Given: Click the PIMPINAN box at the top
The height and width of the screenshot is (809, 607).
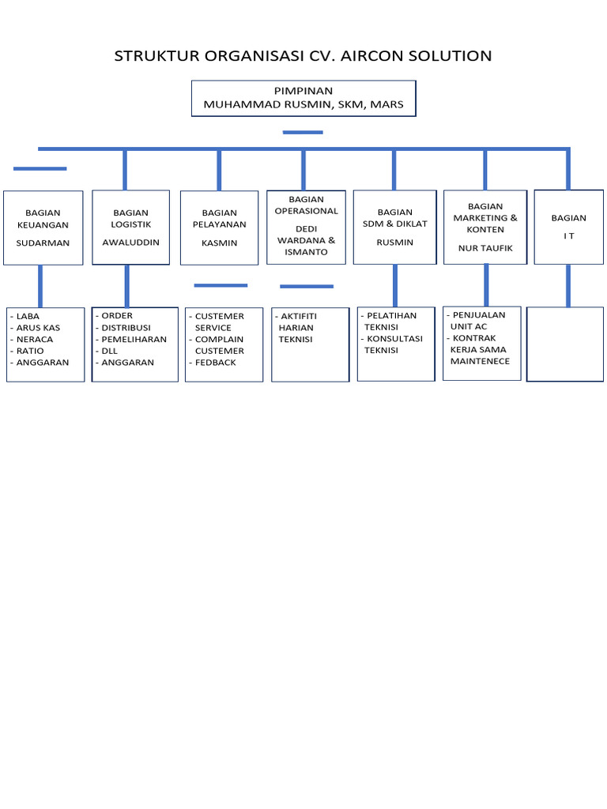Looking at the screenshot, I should click(303, 98).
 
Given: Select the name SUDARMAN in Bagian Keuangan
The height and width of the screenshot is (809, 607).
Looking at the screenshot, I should click(43, 243).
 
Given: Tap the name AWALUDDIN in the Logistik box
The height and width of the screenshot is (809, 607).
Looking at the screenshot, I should click(130, 243).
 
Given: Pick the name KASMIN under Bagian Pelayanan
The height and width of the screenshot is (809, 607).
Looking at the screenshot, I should click(219, 243).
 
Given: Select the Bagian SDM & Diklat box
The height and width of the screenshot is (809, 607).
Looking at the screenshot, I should click(394, 227).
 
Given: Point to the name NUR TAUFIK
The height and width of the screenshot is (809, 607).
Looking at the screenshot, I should click(484, 248).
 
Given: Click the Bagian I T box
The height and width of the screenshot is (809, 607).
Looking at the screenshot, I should click(568, 227).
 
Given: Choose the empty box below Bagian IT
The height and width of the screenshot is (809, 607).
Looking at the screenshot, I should click(564, 344).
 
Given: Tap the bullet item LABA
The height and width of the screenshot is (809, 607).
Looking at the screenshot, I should click(28, 316).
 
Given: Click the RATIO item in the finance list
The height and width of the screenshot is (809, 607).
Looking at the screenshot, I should click(30, 351).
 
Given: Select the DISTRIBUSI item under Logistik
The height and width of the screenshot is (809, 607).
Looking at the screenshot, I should click(126, 327).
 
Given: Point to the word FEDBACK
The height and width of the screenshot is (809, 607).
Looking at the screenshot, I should click(215, 363).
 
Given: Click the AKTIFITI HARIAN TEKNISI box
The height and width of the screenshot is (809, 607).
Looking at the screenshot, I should click(310, 344).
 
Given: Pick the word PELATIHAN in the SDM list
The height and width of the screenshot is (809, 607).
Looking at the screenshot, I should click(392, 316).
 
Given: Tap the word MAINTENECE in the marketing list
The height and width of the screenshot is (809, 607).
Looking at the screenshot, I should click(480, 361).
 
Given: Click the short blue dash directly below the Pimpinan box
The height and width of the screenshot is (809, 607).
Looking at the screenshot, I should click(303, 132).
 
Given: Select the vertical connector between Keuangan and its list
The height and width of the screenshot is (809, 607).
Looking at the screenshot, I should click(40, 285).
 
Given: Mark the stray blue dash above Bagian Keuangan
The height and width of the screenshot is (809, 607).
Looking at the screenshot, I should click(40, 168).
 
